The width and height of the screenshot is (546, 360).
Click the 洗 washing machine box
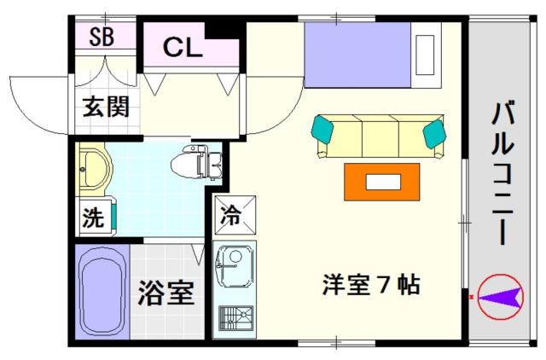93,217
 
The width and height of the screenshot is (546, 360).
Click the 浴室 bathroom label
166,293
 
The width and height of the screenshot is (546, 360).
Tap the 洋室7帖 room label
370,284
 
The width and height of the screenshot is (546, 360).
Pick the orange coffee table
382,180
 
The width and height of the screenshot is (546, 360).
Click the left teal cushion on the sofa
324,129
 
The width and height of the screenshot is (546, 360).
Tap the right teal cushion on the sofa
434,133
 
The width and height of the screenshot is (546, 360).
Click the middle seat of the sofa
380,136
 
